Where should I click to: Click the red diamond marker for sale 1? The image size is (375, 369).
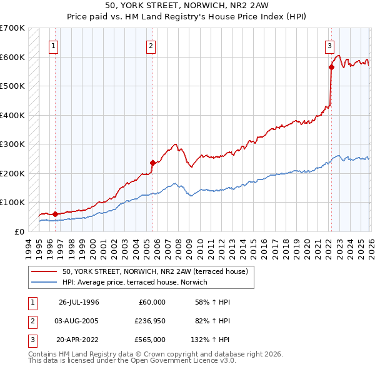point(55,214)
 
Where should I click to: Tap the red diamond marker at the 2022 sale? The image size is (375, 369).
point(331,68)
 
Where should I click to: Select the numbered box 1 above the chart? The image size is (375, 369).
point(54,45)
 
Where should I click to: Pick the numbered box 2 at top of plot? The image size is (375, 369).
point(151,45)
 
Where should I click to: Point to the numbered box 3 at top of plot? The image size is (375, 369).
point(329,45)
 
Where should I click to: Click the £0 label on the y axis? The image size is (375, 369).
point(19,231)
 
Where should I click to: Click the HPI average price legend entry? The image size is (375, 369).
point(134,282)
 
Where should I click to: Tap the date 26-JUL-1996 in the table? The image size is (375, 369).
point(79,302)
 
